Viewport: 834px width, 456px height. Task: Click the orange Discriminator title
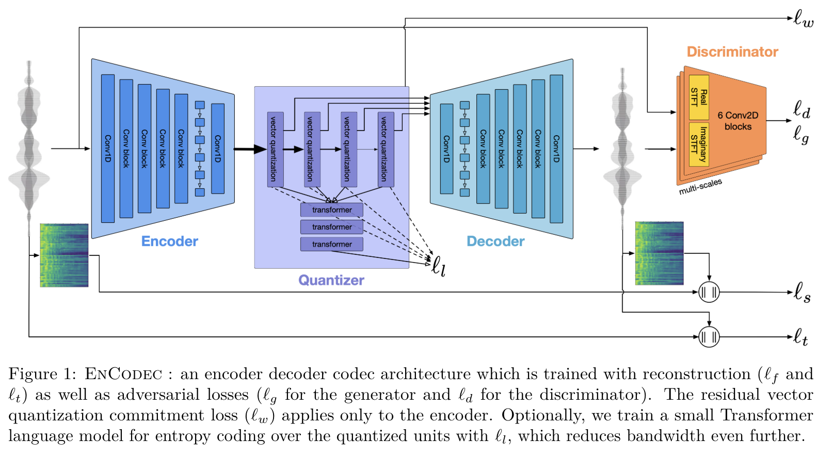pyautogui.click(x=732, y=52)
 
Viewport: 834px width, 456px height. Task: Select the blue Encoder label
pyautogui.click(x=169, y=241)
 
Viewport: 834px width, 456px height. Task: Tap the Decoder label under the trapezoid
pyautogui.click(x=495, y=241)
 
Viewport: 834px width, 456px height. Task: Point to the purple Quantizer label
pyautogui.click(x=331, y=280)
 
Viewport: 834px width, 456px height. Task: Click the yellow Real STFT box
pyautogui.click(x=699, y=97)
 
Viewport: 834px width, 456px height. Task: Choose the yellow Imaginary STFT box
pyautogui.click(x=699, y=144)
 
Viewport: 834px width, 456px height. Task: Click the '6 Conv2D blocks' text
pyautogui.click(x=737, y=121)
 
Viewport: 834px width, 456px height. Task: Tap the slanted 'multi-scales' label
pyautogui.click(x=700, y=186)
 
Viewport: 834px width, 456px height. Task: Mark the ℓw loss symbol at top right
pyautogui.click(x=803, y=19)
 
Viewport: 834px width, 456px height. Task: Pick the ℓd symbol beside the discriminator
pyautogui.click(x=801, y=109)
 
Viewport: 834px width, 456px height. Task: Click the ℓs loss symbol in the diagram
pyautogui.click(x=802, y=292)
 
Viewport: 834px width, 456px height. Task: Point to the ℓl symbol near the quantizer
pyautogui.click(x=438, y=266)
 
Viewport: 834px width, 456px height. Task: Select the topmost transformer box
pyautogui.click(x=331, y=210)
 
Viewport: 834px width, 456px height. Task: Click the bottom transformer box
pyautogui.click(x=331, y=244)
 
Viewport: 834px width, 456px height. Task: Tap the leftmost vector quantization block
pyautogui.click(x=275, y=149)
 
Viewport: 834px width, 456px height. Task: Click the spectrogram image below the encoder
pyautogui.click(x=64, y=255)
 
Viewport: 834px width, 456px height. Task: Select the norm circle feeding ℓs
pyautogui.click(x=709, y=292)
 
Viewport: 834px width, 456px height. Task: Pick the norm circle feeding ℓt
pyautogui.click(x=709, y=337)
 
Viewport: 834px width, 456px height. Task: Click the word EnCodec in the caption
pyautogui.click(x=123, y=374)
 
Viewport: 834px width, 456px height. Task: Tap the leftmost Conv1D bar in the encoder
pyautogui.click(x=108, y=149)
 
